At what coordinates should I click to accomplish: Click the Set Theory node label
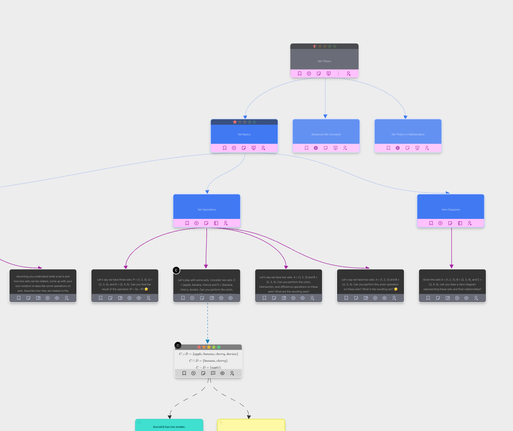pyautogui.click(x=324, y=61)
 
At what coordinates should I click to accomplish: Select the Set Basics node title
pyautogui.click(x=244, y=135)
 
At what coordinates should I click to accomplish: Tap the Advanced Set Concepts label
pyautogui.click(x=326, y=135)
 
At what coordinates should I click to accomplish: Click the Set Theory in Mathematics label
pyautogui.click(x=408, y=135)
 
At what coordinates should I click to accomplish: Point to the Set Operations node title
pyautogui.click(x=207, y=210)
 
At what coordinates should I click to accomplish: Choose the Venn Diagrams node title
pyautogui.click(x=451, y=210)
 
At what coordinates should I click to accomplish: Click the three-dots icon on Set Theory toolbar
pyautogui.click(x=338, y=74)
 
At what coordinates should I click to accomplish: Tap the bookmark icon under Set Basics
pyautogui.click(x=224, y=148)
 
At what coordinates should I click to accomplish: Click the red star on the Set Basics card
pyautogui.click(x=235, y=122)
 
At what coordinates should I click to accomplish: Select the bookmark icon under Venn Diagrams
pyautogui.click(x=431, y=223)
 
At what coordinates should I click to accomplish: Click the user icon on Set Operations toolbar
pyautogui.click(x=226, y=223)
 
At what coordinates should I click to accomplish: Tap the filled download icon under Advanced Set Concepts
pyautogui.click(x=316, y=148)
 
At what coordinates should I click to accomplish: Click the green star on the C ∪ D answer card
pyautogui.click(x=218, y=347)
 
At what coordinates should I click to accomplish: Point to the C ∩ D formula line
pyautogui.click(x=208, y=361)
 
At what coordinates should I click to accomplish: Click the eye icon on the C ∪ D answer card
pyautogui.click(x=222, y=373)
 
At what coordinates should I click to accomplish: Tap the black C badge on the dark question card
pyautogui.click(x=176, y=270)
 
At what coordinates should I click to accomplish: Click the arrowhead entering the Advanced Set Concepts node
pyautogui.click(x=325, y=117)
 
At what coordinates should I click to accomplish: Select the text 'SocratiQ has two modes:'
pyautogui.click(x=169, y=427)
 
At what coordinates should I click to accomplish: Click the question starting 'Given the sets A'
pyautogui.click(x=452, y=284)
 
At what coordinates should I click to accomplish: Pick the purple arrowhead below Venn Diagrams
pyautogui.click(x=451, y=266)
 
